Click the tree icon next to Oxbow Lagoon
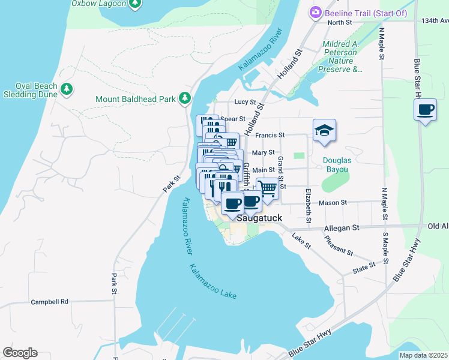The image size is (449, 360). coord(136,3)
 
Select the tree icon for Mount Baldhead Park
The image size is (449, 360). coord(185,98)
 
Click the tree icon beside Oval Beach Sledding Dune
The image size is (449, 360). coord(67,90)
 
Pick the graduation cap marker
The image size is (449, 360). coord(324,130)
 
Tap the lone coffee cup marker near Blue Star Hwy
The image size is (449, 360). coord(426,110)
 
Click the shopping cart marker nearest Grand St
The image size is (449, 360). coord(268,188)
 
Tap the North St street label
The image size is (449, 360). coord(340,23)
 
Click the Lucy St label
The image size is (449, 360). coord(245,102)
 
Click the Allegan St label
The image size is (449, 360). coord(342,228)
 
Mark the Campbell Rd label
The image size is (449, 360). coord(50,302)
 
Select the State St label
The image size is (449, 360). coord(364,265)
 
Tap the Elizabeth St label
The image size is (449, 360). coord(308,206)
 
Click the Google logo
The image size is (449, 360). coord(20,353)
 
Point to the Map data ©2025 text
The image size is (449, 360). coord(423,355)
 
